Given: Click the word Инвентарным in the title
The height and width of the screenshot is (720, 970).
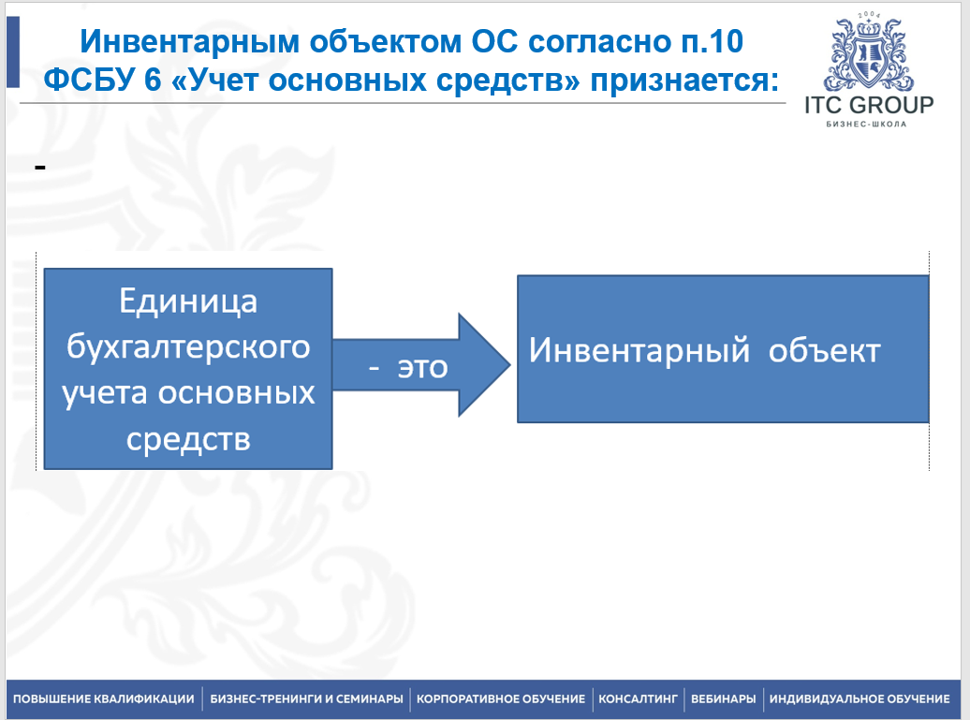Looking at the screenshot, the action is (190, 42).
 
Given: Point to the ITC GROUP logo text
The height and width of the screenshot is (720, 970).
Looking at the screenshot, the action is (869, 105).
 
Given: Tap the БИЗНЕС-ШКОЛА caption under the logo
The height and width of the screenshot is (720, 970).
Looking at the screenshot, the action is (866, 125).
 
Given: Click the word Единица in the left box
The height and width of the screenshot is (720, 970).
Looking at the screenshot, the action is (188, 302).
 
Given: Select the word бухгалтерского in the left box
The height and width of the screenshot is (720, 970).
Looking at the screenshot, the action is (188, 347).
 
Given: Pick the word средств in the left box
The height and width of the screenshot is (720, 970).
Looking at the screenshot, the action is (188, 439).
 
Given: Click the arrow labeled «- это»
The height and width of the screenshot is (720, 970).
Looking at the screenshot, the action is (421, 365).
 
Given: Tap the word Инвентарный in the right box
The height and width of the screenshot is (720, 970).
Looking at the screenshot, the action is (639, 351).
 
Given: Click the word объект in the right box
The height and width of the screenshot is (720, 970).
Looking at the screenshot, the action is (824, 351).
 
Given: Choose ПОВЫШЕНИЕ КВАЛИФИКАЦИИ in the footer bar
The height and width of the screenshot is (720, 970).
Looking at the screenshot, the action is (103, 699).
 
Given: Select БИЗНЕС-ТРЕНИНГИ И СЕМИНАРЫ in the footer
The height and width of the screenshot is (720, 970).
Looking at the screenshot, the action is (306, 699).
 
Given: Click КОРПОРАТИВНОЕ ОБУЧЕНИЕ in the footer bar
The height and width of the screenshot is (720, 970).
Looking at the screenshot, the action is (501, 699).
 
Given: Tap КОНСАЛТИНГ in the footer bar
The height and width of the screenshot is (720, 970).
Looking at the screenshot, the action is (638, 699).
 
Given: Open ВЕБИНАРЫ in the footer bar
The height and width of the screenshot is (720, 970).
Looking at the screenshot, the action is (723, 699).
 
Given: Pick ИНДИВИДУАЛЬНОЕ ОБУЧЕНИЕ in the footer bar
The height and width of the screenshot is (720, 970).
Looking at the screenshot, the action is (860, 699).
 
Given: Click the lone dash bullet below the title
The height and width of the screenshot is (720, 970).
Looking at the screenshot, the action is (40, 167).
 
